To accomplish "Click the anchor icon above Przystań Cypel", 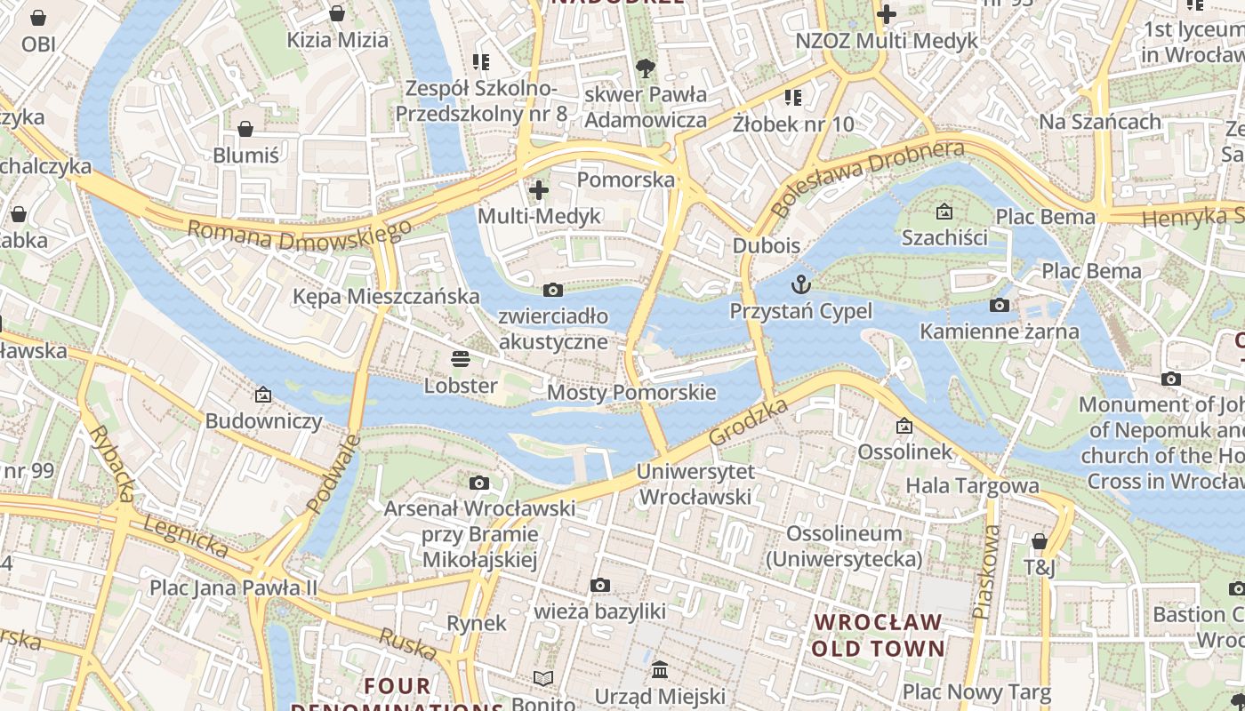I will [x=801, y=284].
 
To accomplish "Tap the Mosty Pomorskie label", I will [x=631, y=392].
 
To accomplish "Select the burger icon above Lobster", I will [x=461, y=359].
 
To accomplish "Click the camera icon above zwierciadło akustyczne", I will [x=552, y=290].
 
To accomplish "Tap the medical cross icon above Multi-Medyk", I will [x=539, y=189].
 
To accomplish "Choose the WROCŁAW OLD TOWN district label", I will [x=877, y=635].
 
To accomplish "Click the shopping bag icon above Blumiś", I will [x=245, y=129].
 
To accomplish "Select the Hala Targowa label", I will [x=972, y=485].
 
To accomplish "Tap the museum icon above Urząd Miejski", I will [x=660, y=669].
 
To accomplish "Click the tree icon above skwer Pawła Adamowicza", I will [x=646, y=68].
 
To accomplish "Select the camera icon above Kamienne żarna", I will [x=1000, y=305].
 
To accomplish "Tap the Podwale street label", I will [x=333, y=474].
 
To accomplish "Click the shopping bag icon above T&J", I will [x=1039, y=541].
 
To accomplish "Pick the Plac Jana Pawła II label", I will [x=233, y=587].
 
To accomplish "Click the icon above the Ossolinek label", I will [x=904, y=426].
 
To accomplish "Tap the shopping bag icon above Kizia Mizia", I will [x=337, y=13].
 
